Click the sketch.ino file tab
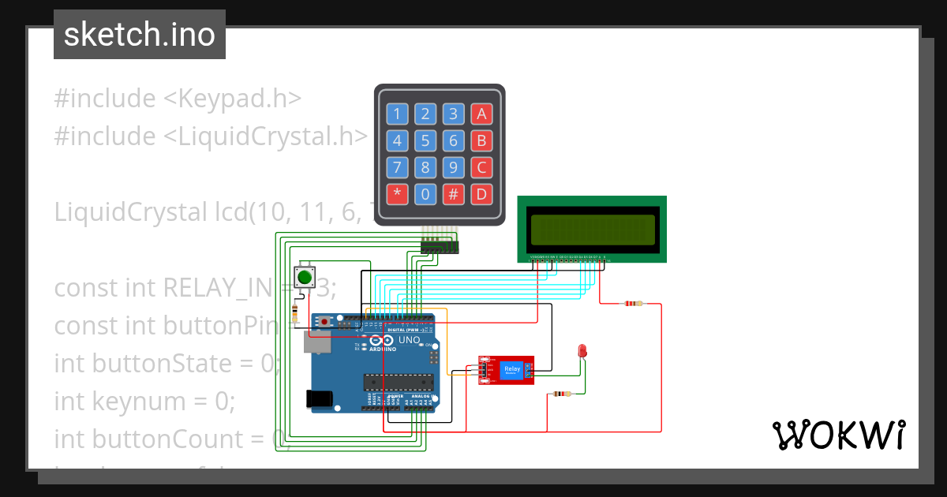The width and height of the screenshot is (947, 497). point(140,35)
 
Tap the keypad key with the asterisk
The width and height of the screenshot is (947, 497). point(397,194)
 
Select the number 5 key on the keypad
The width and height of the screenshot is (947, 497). point(425,141)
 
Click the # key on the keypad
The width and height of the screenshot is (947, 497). point(453,194)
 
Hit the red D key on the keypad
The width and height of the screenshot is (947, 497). point(481,194)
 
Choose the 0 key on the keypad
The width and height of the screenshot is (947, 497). point(425,194)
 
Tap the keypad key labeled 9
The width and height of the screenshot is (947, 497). point(453,167)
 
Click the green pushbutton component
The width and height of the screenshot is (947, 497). point(305,277)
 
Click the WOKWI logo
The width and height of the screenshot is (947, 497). point(838,435)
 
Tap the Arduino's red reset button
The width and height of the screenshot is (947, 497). point(324,322)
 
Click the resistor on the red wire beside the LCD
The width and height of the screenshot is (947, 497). point(633,303)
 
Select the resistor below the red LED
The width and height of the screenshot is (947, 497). point(561,394)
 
